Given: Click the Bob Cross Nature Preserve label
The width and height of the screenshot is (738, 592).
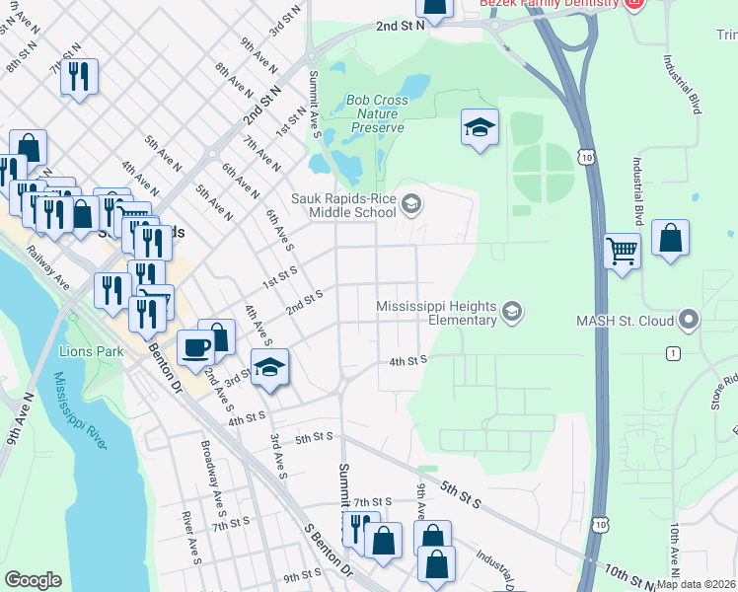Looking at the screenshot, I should pyautogui.click(x=375, y=113).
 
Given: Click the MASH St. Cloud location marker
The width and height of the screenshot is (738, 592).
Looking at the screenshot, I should pyautogui.click(x=689, y=320).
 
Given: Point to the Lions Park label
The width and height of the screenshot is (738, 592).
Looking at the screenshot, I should pyautogui.click(x=88, y=350).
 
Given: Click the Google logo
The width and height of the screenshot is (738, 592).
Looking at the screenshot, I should pyautogui.click(x=33, y=579).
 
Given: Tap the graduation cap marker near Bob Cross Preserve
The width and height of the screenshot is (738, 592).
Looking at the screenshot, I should pyautogui.click(x=480, y=128).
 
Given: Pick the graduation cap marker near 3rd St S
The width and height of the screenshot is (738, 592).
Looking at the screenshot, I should pyautogui.click(x=268, y=368).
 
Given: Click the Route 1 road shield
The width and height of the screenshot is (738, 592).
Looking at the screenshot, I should pyautogui.click(x=673, y=353).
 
